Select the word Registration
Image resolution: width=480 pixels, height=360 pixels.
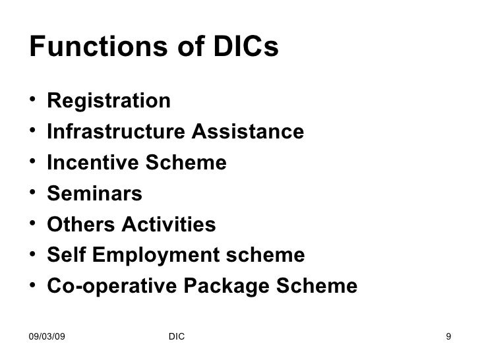(109, 102)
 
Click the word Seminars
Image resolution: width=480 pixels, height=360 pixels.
(94, 194)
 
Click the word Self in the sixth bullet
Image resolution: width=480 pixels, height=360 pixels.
(65, 256)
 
